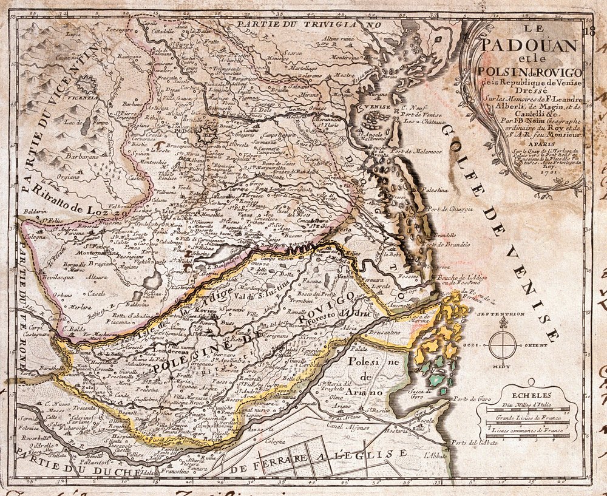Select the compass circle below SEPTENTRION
click(x=503, y=345)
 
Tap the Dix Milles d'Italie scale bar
click(x=523, y=410)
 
